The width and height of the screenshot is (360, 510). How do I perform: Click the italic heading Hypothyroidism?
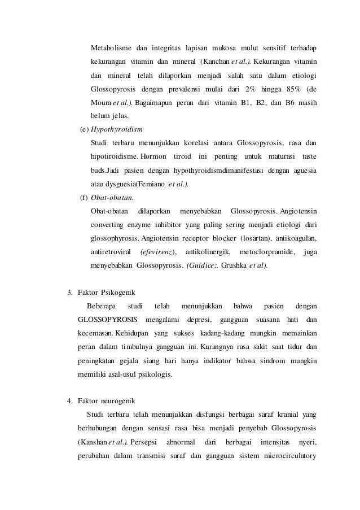(x=117, y=129)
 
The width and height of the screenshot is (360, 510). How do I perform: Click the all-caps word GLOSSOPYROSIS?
(x=107, y=319)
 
